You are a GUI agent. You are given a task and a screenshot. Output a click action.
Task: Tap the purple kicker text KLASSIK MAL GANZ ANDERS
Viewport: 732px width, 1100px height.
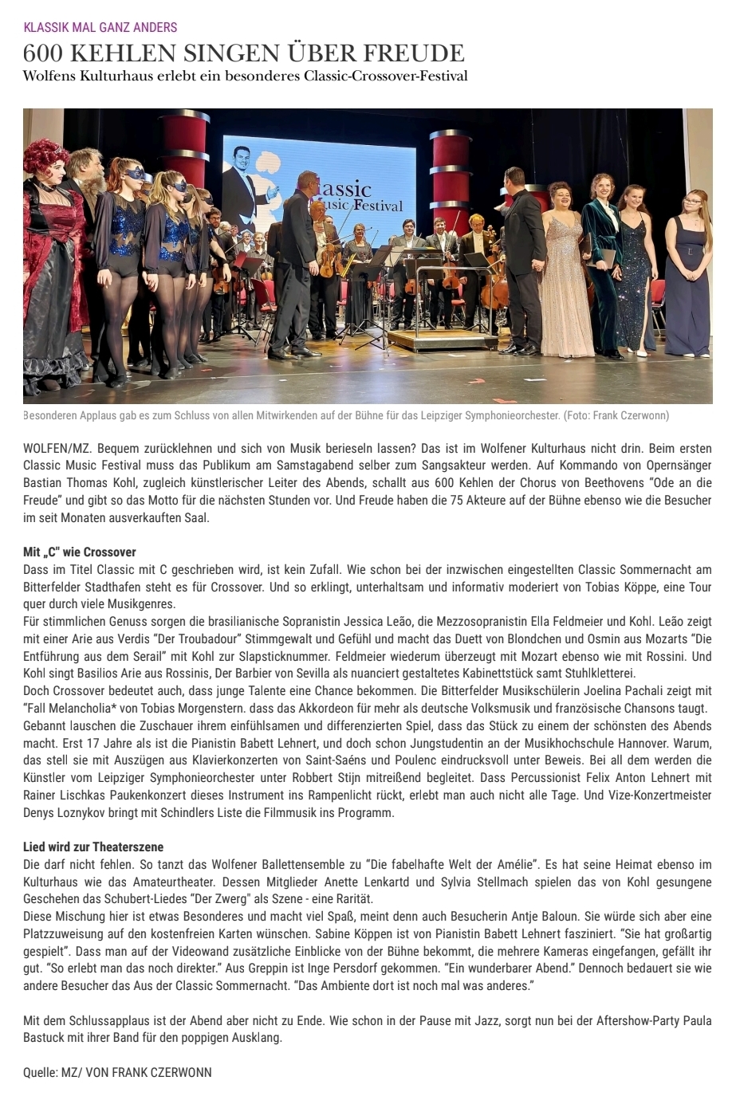click(x=100, y=27)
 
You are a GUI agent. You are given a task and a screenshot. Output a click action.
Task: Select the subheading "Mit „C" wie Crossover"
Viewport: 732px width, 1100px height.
click(x=80, y=552)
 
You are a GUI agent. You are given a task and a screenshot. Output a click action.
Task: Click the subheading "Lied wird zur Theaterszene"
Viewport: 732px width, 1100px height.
click(x=93, y=847)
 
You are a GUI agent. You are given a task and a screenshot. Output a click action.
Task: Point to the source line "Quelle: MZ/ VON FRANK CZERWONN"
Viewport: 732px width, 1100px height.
click(x=118, y=1072)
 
